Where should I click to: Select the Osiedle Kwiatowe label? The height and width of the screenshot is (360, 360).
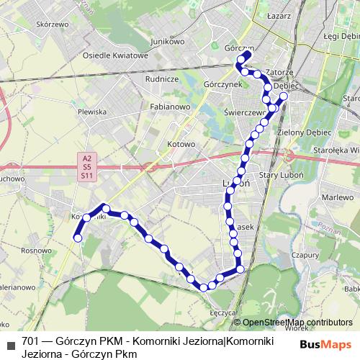coord(115,55)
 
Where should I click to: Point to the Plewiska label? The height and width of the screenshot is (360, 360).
coord(92,112)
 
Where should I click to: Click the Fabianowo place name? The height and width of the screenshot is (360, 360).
coord(170,107)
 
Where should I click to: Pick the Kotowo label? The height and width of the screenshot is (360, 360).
coord(181,144)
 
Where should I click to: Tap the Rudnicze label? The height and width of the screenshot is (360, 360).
coord(161,79)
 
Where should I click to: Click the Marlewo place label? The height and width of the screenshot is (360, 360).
coord(335,197)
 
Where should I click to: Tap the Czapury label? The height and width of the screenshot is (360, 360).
coord(305,254)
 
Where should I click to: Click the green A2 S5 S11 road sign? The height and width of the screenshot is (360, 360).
coord(87,166)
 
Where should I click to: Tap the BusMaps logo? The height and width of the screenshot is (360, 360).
coord(326,344)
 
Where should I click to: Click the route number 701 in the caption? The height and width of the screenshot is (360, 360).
coord(30,341)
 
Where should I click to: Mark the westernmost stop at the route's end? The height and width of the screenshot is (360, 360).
coord(78,238)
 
